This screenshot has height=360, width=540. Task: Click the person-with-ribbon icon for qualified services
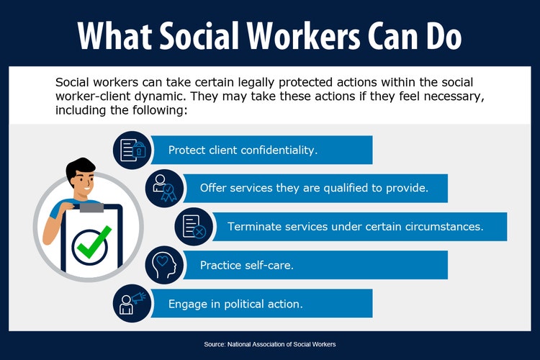[x=164, y=188]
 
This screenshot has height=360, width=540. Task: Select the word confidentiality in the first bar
[x=277, y=150]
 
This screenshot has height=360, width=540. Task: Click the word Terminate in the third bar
[x=253, y=227]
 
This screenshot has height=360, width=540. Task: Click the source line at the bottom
[x=270, y=345]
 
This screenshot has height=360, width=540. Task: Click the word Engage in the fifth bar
[x=187, y=303]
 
